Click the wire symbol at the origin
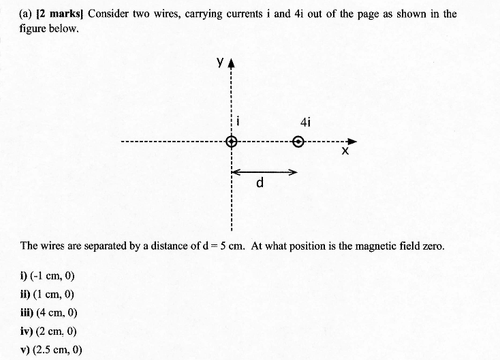coord(232,142)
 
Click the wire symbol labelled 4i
coord(298,142)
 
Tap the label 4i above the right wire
coord(304,122)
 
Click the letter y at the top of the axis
coord(220,61)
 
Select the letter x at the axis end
coord(345,152)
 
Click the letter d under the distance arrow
coord(260,184)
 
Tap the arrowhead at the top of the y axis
coord(232,64)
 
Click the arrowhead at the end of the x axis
coord(352,142)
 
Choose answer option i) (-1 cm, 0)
coord(48,276)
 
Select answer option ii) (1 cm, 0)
coord(47,294)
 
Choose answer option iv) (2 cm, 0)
coord(48,331)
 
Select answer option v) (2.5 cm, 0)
coord(52,350)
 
